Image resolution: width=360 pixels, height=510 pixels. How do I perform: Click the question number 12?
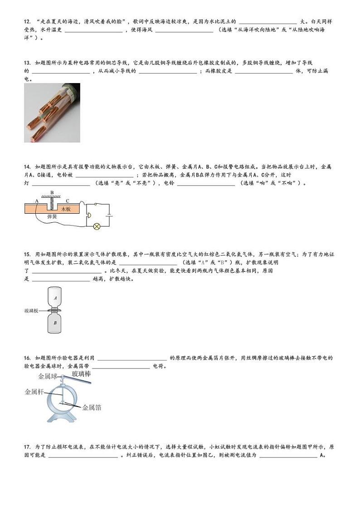[27, 21]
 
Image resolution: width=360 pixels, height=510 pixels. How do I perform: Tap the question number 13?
[27, 62]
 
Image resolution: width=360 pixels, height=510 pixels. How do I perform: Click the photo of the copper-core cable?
[52, 113]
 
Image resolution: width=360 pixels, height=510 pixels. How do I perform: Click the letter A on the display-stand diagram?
[37, 201]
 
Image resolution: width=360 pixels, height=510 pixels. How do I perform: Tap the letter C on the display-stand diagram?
[68, 201]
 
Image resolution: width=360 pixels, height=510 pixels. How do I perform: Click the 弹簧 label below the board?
[52, 217]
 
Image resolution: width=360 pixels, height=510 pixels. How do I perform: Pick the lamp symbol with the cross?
[97, 226]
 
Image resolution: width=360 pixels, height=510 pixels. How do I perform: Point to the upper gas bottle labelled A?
[55, 298]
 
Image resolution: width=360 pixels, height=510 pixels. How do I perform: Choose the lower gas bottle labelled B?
[55, 323]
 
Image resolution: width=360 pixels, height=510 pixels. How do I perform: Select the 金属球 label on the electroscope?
[48, 376]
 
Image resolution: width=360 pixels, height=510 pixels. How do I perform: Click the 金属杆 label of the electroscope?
[34, 392]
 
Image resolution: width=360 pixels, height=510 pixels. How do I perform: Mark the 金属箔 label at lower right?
[92, 407]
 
